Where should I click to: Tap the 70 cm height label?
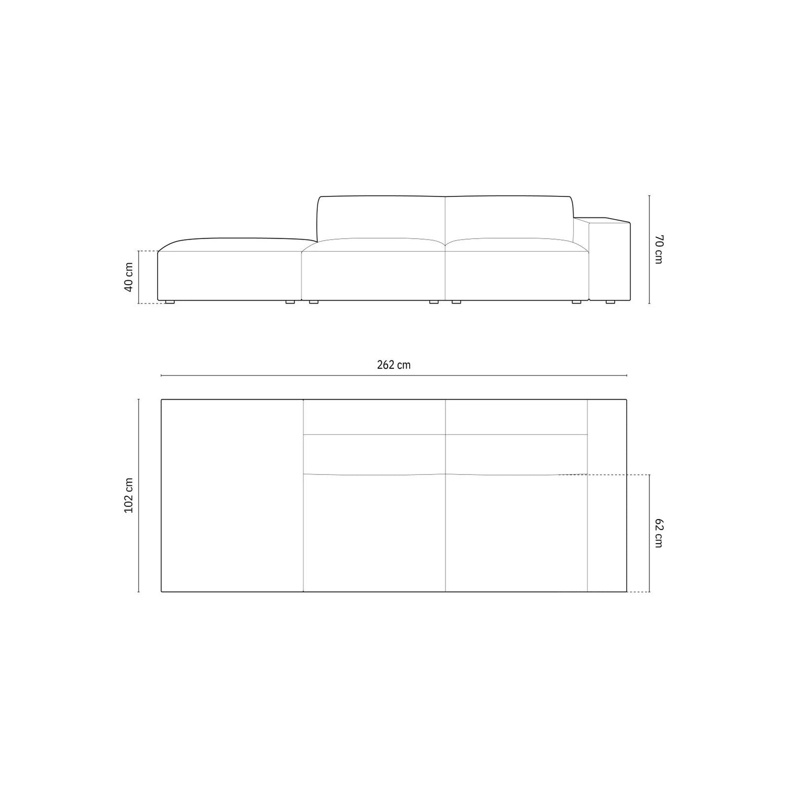pyautogui.click(x=659, y=250)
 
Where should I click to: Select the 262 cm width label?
pyautogui.click(x=393, y=365)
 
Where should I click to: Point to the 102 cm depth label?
pyautogui.click(x=129, y=496)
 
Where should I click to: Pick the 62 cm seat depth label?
pyautogui.click(x=659, y=533)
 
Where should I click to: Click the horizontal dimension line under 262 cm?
pyautogui.click(x=394, y=376)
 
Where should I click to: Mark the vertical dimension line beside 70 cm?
pyautogui.click(x=649, y=250)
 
